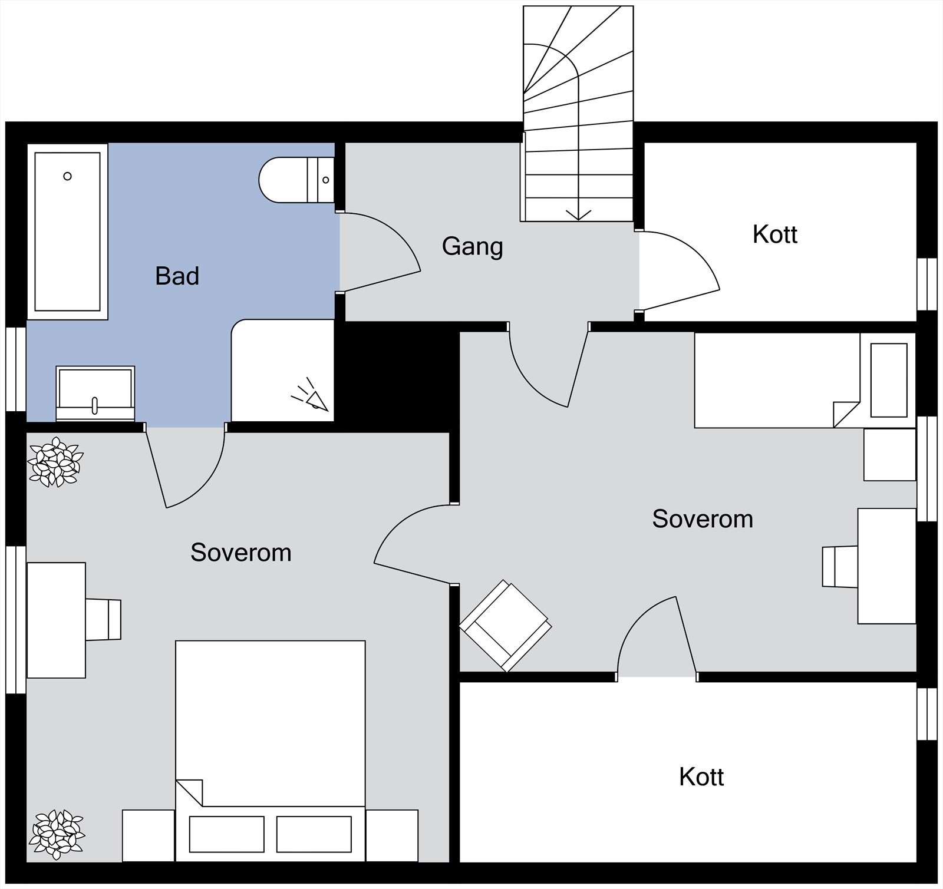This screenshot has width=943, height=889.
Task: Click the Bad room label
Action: pyautogui.click(x=177, y=276)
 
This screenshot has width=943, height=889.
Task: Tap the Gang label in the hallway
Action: pyautogui.click(x=472, y=246)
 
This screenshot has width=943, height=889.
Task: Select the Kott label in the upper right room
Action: pyautogui.click(x=774, y=234)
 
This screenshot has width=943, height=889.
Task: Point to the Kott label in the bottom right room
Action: pyautogui.click(x=701, y=777)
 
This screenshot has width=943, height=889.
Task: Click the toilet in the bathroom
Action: pyautogui.click(x=297, y=180)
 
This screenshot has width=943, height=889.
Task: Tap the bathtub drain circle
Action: pyautogui.click(x=68, y=176)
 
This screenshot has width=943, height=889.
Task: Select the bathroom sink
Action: pyautogui.click(x=95, y=393)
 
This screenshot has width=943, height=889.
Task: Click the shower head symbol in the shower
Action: pyautogui.click(x=311, y=396)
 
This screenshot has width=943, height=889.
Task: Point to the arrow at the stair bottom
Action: pyautogui.click(x=578, y=214)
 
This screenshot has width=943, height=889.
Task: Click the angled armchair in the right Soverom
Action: pyautogui.click(x=505, y=626)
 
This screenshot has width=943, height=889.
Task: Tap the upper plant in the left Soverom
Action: pyautogui.click(x=56, y=462)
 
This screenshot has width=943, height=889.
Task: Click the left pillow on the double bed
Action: pyautogui.click(x=226, y=834)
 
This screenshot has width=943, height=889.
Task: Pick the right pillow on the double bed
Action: pyautogui.click(x=314, y=834)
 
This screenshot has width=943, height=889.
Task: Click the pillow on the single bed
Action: pyautogui.click(x=889, y=380)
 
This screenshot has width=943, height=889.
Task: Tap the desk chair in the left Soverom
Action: pyautogui.click(x=104, y=620)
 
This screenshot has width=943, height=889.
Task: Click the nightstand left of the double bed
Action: pyautogui.click(x=149, y=835)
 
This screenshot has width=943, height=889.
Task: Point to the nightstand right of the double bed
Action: pyautogui.click(x=392, y=835)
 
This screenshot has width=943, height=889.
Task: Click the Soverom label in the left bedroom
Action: pyautogui.click(x=240, y=553)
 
